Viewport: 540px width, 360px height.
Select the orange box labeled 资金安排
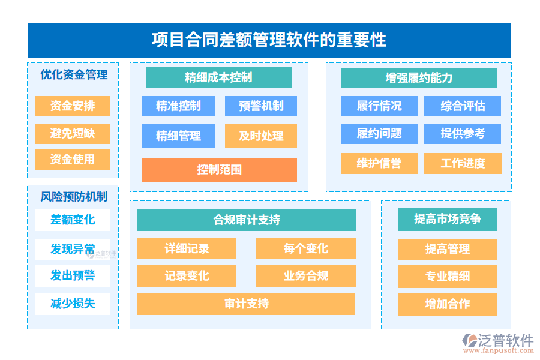tap(72, 106)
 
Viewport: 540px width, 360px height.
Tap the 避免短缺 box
tap(72, 133)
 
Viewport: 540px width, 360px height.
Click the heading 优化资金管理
tap(73, 74)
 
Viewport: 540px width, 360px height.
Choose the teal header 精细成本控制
tap(218, 77)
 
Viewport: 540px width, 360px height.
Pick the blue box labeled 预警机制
tap(261, 106)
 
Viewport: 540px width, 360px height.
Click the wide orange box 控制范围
tap(219, 170)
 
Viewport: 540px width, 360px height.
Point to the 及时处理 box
tap(261, 136)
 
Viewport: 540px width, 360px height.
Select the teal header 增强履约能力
tap(419, 78)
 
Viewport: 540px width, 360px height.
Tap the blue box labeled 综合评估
tap(462, 106)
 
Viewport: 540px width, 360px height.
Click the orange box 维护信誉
tap(379, 163)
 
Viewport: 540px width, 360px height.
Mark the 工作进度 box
tap(462, 163)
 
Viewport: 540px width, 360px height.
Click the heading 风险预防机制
tap(73, 196)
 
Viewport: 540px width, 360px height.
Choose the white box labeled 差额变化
tap(72, 220)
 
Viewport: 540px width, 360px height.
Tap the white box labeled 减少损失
tap(72, 304)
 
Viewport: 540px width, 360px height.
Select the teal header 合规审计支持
tap(246, 220)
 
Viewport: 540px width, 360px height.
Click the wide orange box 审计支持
tap(246, 304)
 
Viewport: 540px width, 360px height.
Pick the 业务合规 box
tap(305, 276)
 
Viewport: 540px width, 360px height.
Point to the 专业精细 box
tap(447, 276)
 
